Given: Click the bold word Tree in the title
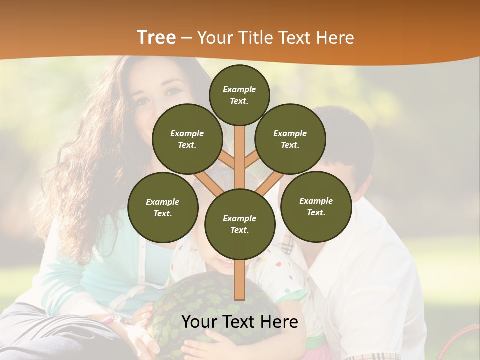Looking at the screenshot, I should click(x=156, y=37).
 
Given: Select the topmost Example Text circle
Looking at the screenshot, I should click(x=239, y=95).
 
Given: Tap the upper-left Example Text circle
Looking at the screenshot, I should click(x=187, y=139).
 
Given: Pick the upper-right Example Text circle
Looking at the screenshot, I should click(x=290, y=139).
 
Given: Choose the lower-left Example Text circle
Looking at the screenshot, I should click(x=162, y=207).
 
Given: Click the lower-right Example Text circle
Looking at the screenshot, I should click(x=316, y=206).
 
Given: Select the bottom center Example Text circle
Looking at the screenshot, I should click(x=239, y=224).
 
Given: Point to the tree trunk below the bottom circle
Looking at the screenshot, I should click(x=239, y=280).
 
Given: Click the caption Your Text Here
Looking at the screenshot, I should click(x=239, y=322).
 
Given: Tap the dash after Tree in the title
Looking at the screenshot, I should click(x=186, y=38).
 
